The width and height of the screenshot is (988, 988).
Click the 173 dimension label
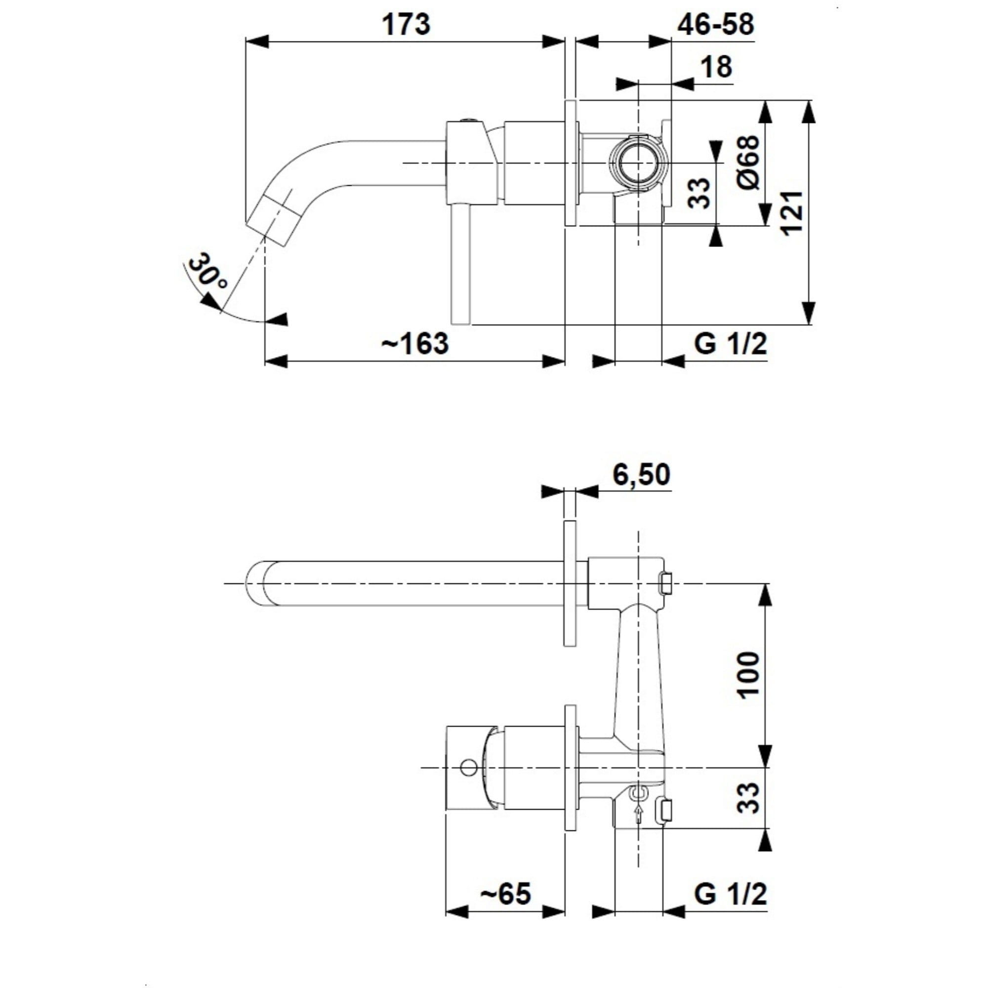tap(407, 24)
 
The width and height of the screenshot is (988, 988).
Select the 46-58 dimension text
tap(715, 24)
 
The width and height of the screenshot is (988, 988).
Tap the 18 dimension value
tap(716, 67)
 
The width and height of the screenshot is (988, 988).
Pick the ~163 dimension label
tap(415, 343)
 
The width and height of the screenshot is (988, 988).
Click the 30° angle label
tap(207, 272)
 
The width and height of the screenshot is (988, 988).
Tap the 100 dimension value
tap(749, 674)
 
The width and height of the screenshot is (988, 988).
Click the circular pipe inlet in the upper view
tap(638, 163)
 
